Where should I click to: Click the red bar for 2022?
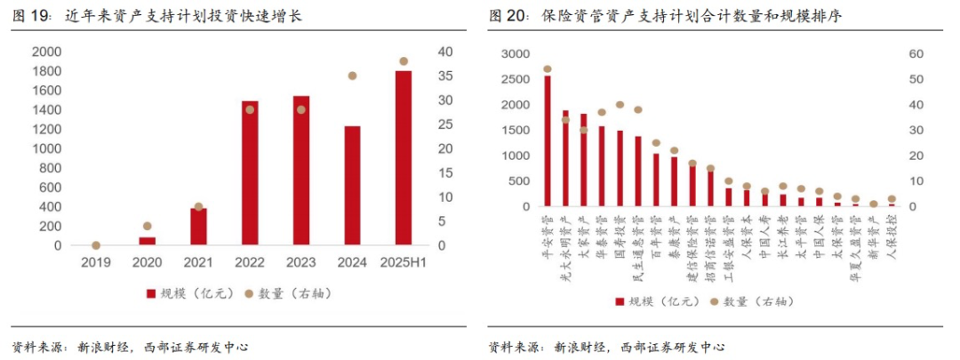[250, 172]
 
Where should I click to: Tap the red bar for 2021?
[198, 226]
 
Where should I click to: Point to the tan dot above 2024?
[352, 76]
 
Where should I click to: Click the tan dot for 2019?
[96, 245]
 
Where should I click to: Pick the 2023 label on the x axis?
[300, 262]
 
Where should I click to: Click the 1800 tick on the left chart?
[46, 71]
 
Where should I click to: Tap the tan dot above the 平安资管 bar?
[547, 68]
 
